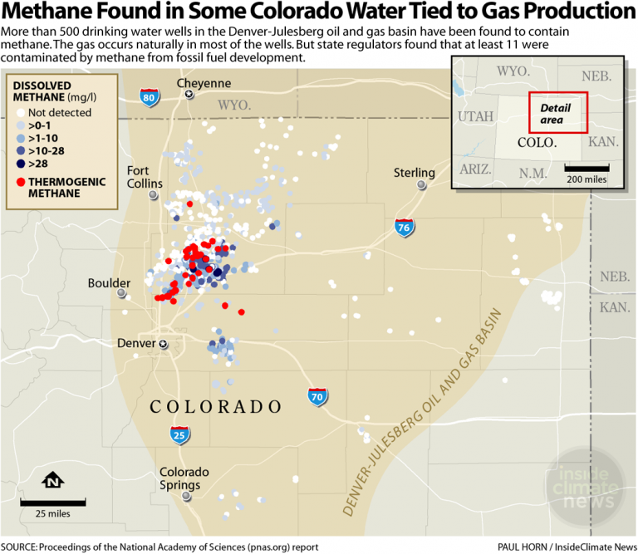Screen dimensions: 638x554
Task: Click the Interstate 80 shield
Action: pos(150,97)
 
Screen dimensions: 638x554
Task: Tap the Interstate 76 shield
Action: pos(405,228)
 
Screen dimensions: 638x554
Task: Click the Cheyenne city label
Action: pos(204,84)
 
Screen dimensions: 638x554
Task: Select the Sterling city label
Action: pos(415,173)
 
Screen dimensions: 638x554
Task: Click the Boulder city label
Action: pos(109,283)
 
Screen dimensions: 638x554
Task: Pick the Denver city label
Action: pos(136,343)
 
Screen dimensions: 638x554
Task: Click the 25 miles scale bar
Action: pos(53,503)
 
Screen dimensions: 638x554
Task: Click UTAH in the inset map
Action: pos(475,115)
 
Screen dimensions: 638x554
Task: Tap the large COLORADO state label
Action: pos(216,407)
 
